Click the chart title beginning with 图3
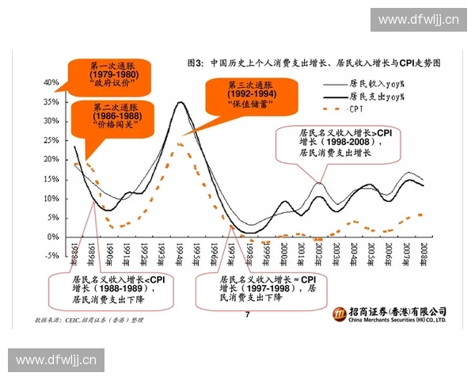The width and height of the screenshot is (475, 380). pyautogui.click(x=313, y=62)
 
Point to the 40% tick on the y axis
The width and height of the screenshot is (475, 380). pyautogui.click(x=51, y=82)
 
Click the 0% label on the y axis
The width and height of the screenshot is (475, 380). pyautogui.click(x=53, y=237)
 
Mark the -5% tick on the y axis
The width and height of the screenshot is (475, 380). pyautogui.click(x=51, y=256)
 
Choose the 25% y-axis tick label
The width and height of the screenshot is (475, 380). pyautogui.click(x=51, y=140)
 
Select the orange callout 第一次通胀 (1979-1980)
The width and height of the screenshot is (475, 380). pyautogui.click(x=114, y=74)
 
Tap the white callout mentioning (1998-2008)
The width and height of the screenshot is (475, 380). pyautogui.click(x=333, y=142)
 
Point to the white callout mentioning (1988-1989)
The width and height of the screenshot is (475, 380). pyautogui.click(x=109, y=290)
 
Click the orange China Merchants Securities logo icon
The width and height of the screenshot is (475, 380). pyautogui.click(x=338, y=315)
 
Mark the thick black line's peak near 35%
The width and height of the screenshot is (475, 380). pyautogui.click(x=181, y=102)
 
